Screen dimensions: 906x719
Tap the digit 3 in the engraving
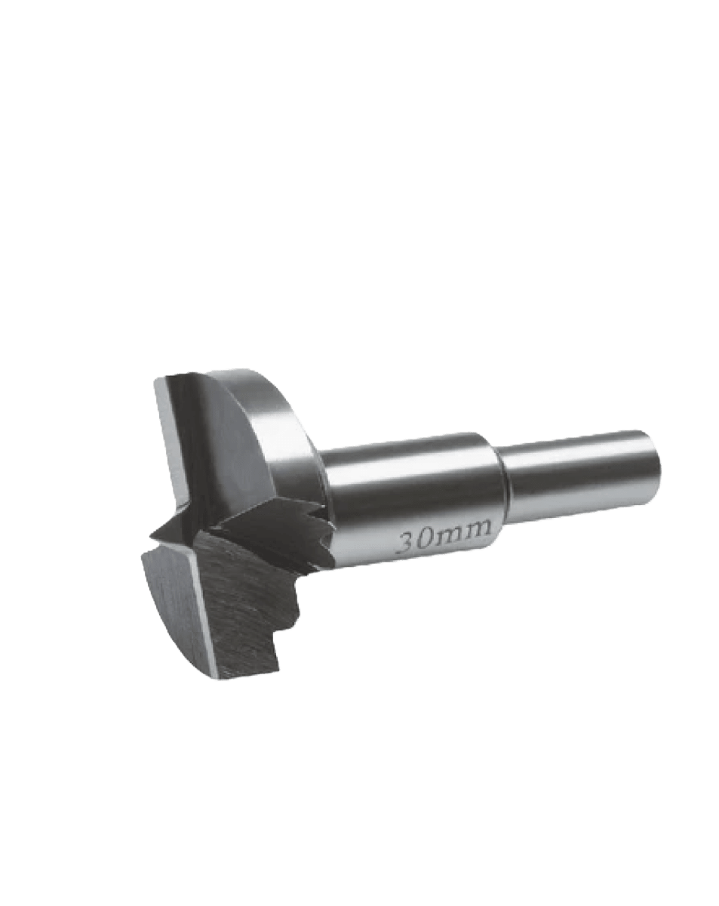coord(409,543)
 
